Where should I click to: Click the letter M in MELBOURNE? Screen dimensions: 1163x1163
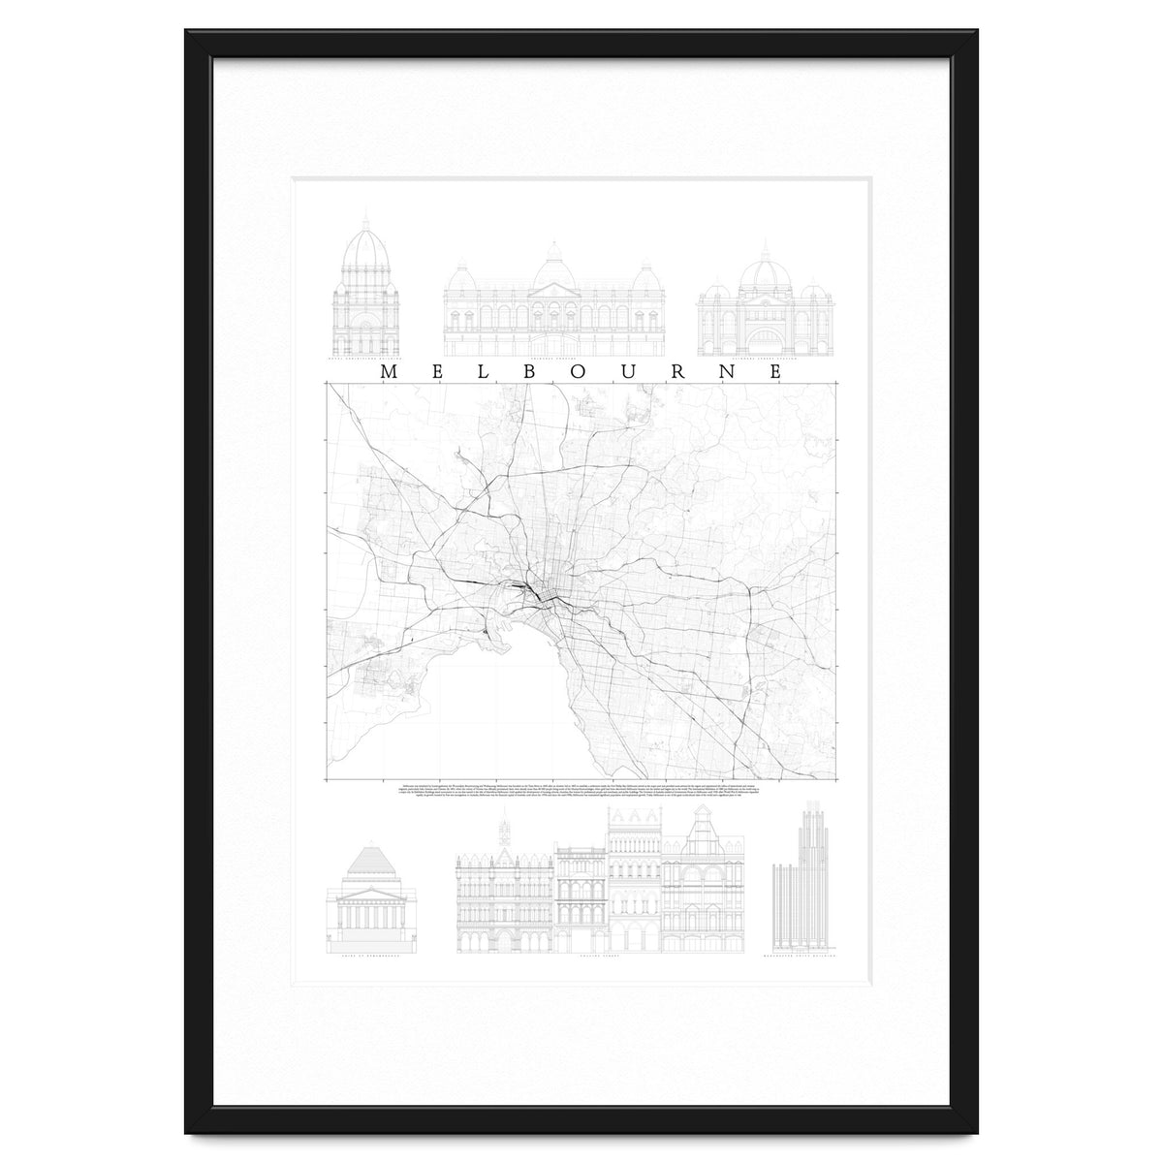pos(388,371)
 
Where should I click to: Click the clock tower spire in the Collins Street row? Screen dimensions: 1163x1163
pos(502,832)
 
